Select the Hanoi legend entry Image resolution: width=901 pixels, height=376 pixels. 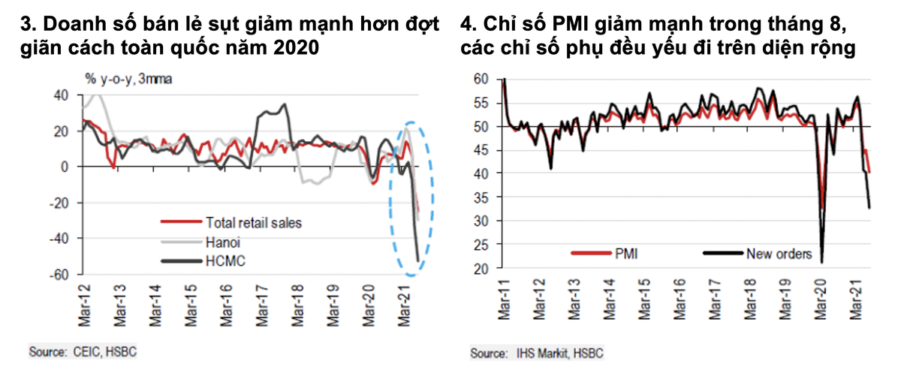pyautogui.click(x=222, y=242)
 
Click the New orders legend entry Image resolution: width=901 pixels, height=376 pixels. pyautogui.click(x=779, y=254)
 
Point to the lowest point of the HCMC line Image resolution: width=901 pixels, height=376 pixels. pyautogui.click(x=417, y=261)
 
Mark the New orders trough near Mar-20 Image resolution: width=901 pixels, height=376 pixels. pyautogui.click(x=821, y=262)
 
